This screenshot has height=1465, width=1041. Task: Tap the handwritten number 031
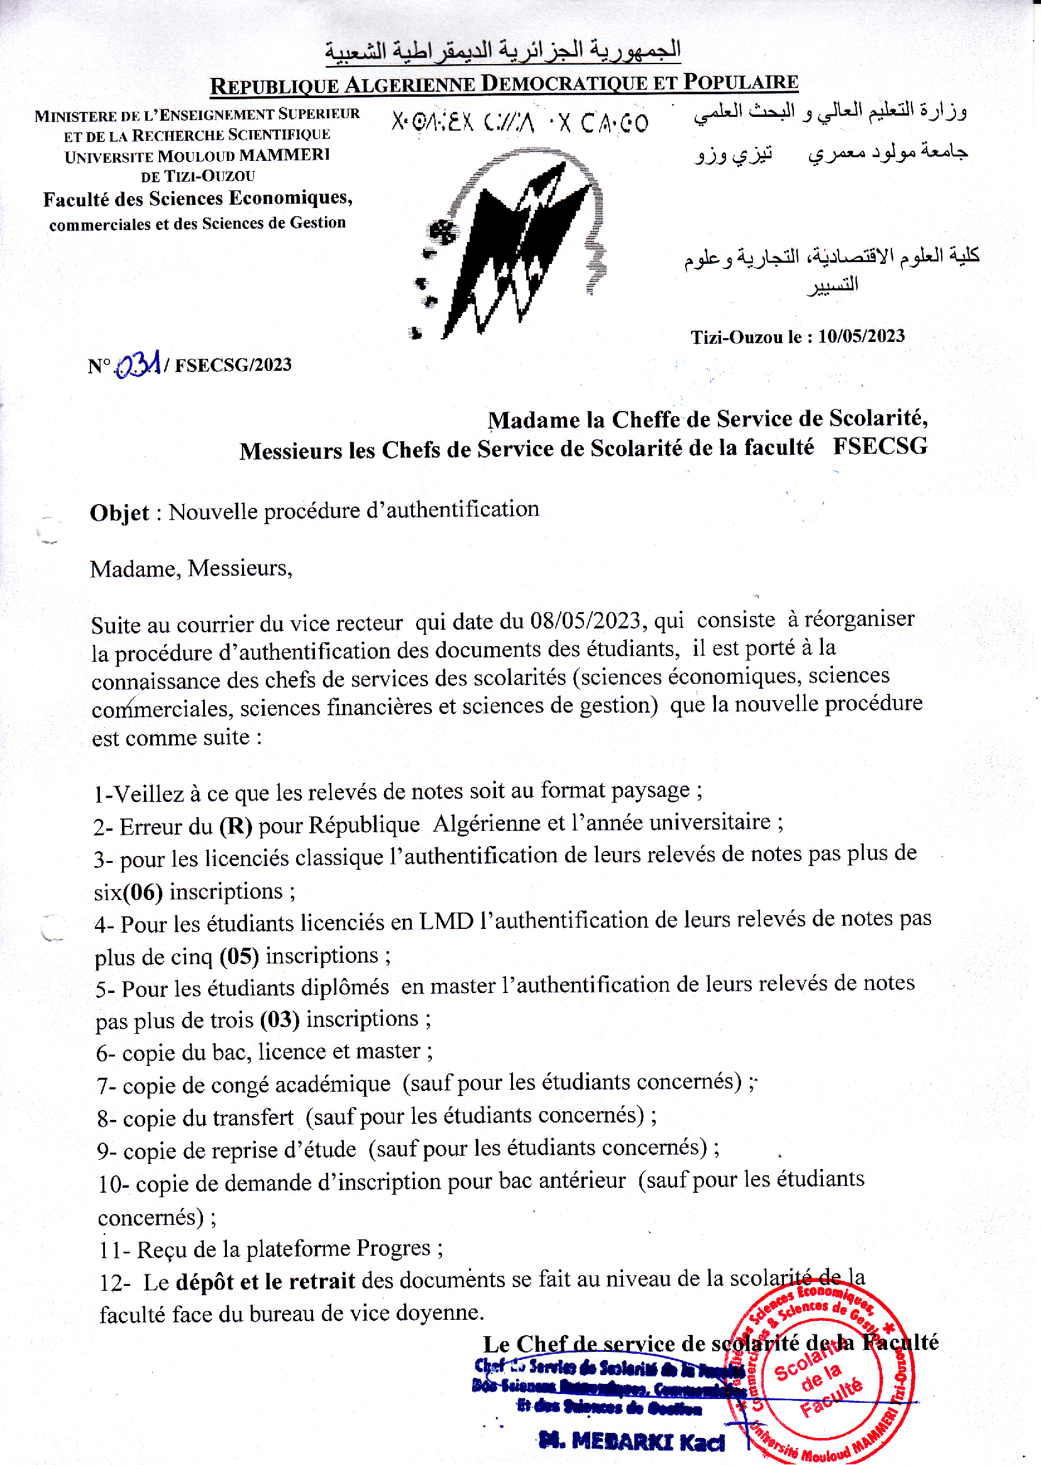[138, 365]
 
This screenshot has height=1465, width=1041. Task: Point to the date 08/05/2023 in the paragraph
[584, 620]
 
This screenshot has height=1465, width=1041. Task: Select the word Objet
[119, 513]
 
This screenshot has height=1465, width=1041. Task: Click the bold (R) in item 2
[235, 825]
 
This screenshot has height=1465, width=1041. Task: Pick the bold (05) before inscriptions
[238, 956]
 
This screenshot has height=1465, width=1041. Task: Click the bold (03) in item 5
[280, 1019]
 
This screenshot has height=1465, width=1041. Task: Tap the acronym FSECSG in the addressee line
[879, 446]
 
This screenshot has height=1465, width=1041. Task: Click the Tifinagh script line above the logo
[520, 122]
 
